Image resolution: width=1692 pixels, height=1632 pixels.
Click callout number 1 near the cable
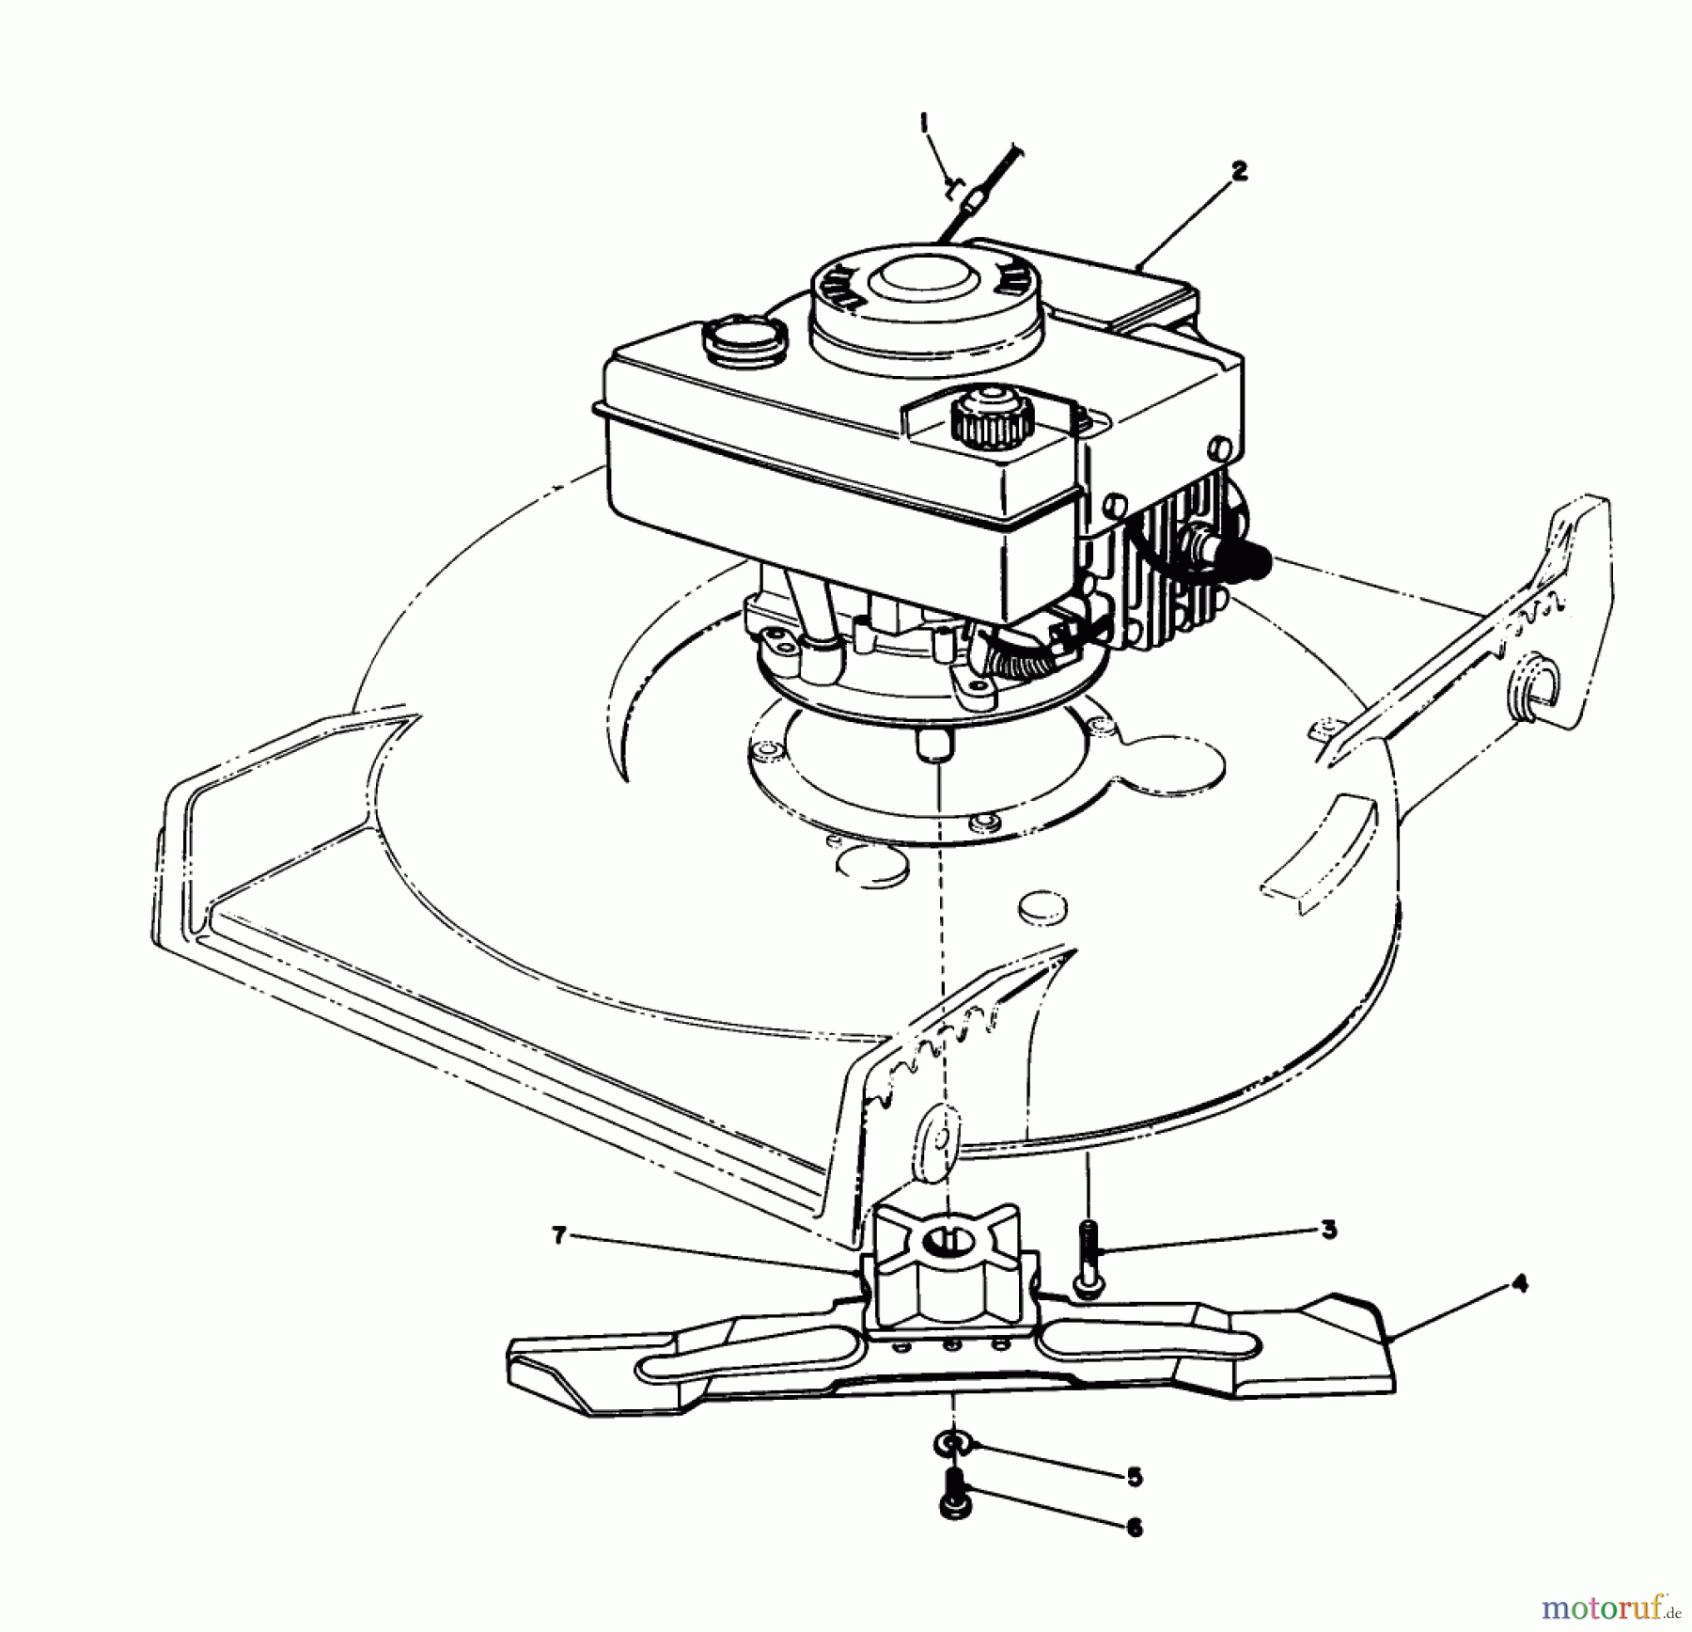point(924,122)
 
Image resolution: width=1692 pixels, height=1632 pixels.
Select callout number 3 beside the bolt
point(1328,1230)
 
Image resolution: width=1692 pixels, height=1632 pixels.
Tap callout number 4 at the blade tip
point(1521,1283)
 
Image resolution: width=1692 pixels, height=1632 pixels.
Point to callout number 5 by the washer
point(1134,1477)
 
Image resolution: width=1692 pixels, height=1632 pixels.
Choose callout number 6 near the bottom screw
point(1134,1529)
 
